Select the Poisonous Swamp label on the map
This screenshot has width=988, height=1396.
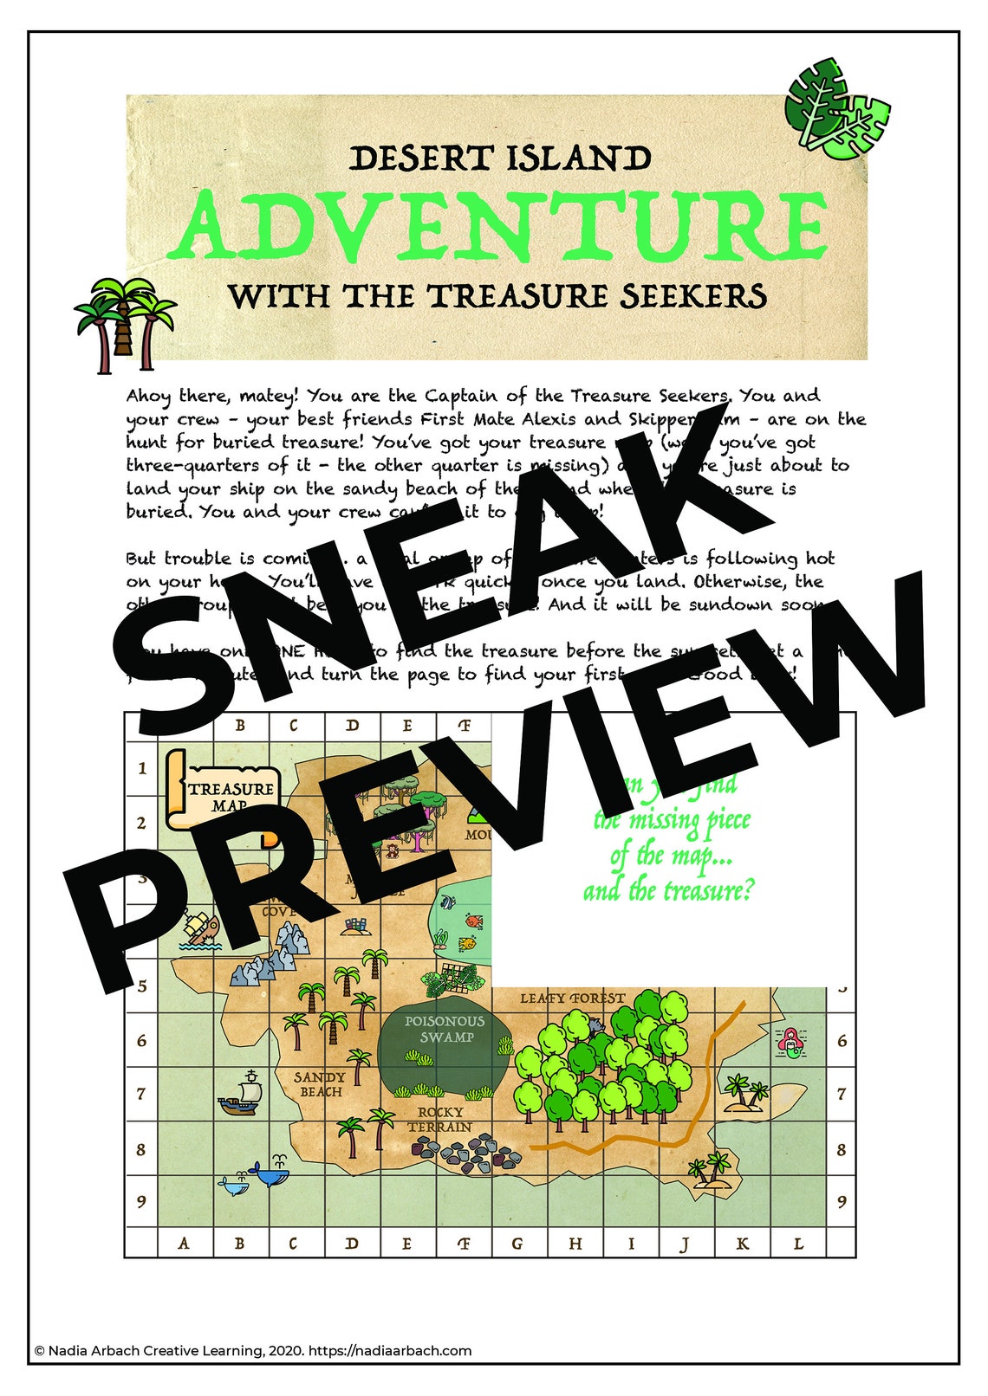tap(445, 1030)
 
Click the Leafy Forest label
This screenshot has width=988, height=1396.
tap(572, 999)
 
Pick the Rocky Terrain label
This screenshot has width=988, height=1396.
tap(440, 1119)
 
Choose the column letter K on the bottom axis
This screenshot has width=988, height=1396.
tap(743, 1244)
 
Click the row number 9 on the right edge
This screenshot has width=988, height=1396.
tap(841, 1202)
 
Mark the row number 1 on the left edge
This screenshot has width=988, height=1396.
tap(142, 768)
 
